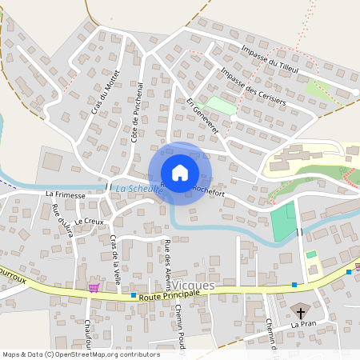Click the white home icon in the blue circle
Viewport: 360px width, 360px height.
tap(180, 173)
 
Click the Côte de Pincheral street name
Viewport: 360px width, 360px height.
tap(137, 112)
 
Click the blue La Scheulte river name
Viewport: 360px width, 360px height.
tap(133, 189)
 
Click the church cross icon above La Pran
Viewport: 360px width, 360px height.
tap(302, 312)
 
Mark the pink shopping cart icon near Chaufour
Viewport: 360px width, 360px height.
tap(94, 288)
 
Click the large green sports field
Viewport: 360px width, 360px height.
tap(283, 221)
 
